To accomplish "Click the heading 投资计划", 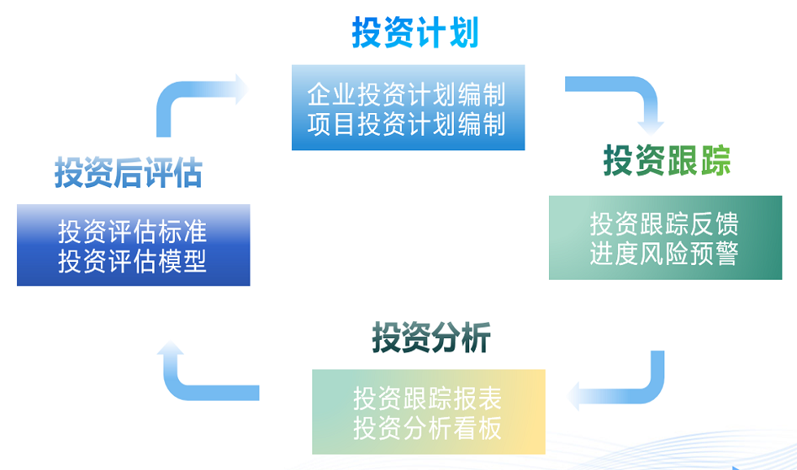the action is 416,33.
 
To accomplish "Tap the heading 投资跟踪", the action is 667,160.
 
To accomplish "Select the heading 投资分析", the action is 431,337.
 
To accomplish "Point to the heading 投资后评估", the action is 128,172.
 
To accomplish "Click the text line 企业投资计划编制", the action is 407,95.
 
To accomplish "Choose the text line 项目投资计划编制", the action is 407,124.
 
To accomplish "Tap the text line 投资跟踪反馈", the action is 664,224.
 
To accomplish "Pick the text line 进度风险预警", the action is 664,254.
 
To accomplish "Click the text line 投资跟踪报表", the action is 428,398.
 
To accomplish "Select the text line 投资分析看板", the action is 428,428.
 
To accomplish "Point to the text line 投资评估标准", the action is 132,232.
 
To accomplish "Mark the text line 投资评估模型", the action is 132,261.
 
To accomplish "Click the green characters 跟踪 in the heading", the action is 699,160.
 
